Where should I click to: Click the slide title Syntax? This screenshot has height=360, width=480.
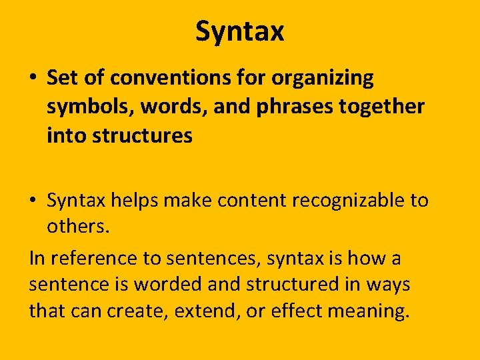tap(240, 31)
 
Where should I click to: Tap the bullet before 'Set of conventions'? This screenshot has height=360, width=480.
tap(33, 79)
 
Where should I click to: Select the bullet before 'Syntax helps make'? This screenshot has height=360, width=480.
tap(33, 201)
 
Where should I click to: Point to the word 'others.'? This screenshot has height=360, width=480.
tap(76, 227)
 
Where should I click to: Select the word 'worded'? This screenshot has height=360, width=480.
tap(168, 285)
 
